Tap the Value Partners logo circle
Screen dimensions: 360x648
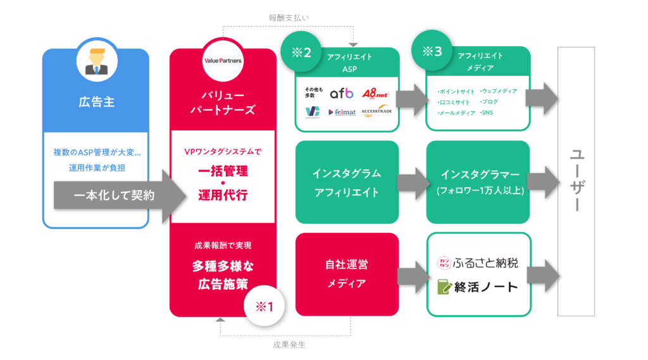223,61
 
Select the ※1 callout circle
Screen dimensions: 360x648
263,306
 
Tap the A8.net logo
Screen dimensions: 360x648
378,94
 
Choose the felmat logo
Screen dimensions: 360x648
342,112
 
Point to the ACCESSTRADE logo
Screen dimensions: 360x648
378,112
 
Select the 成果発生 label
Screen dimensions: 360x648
290,345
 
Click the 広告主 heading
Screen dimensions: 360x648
96,102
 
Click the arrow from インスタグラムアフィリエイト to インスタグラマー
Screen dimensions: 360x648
413,182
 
